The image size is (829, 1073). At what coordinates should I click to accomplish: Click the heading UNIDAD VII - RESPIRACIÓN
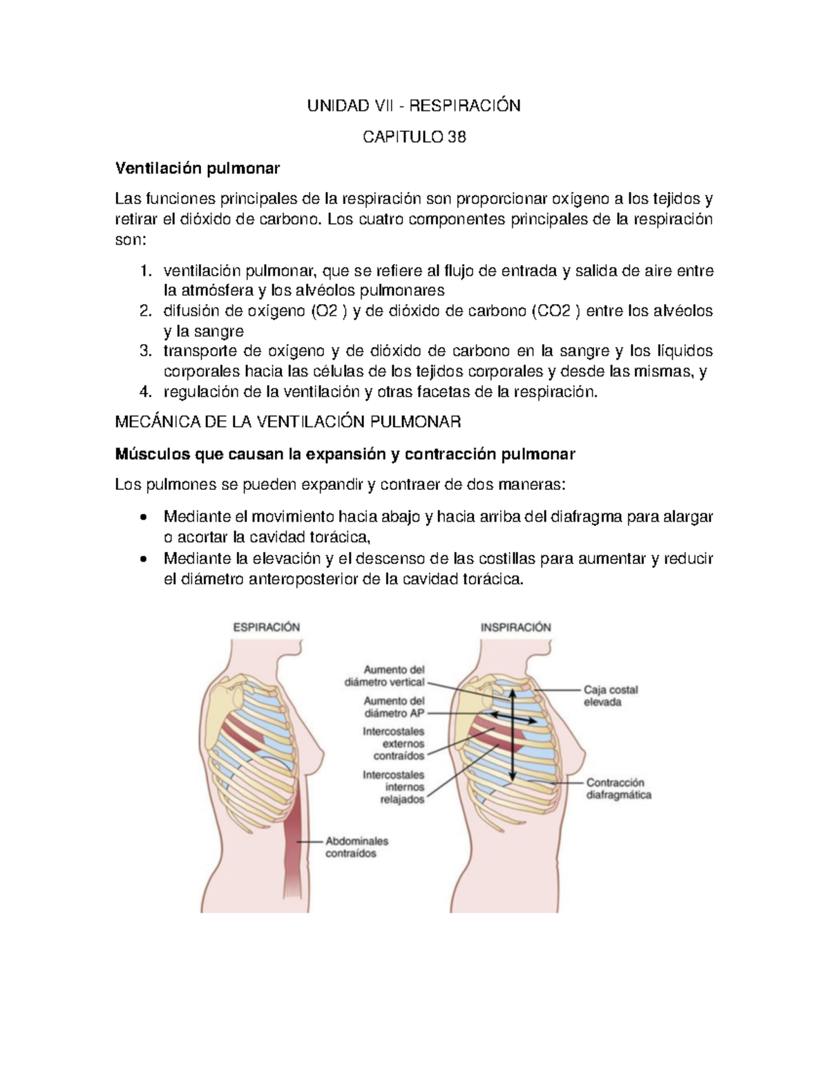pos(414,106)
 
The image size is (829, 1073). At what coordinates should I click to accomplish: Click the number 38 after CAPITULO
pos(457,137)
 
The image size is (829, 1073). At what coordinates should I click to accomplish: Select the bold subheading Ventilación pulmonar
pos(198,168)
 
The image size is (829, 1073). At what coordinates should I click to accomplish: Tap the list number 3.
pos(144,351)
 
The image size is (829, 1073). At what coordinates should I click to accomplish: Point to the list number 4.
pos(144,392)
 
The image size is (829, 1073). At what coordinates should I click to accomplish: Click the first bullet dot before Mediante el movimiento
pos(143,517)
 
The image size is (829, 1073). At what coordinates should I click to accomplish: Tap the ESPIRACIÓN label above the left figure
pos(267,627)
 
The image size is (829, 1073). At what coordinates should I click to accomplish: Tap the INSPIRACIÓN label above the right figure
pos(516,627)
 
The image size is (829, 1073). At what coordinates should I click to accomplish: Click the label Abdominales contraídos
pos(356,847)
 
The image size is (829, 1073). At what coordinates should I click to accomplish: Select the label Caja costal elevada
pos(611,696)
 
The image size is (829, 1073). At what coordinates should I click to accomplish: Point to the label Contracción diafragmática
pos(618,788)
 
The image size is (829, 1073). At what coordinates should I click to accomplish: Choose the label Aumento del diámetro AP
pos(394,707)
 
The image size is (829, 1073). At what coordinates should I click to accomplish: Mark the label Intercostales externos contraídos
pos(394,743)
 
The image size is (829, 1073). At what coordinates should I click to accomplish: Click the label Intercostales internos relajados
pos(394,788)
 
